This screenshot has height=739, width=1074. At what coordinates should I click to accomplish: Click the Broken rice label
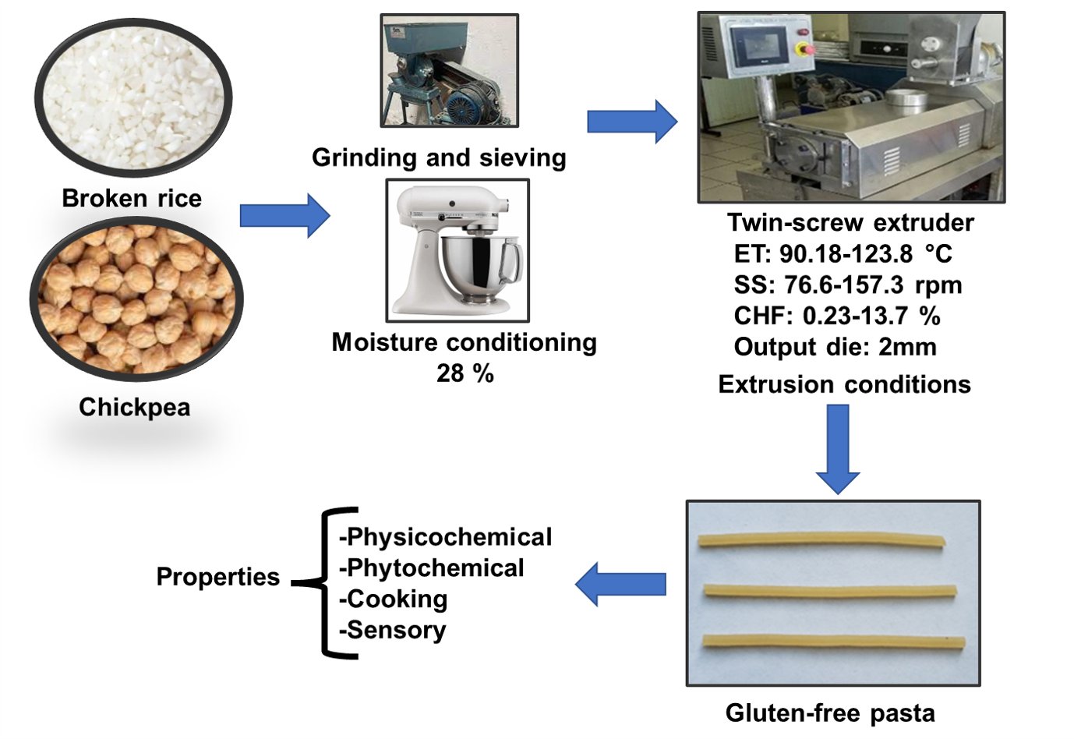tap(132, 198)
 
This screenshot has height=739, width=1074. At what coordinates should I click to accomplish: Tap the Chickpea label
tap(134, 407)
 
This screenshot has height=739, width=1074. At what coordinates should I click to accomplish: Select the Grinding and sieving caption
tap(439, 157)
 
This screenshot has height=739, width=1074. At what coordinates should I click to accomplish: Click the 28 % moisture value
tap(465, 373)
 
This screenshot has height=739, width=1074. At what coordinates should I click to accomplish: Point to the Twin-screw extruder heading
tap(850, 223)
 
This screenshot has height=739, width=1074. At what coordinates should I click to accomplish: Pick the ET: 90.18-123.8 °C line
tap(843, 254)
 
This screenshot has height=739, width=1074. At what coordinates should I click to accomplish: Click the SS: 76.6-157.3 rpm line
tap(847, 285)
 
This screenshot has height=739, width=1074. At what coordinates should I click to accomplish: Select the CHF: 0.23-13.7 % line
tap(836, 316)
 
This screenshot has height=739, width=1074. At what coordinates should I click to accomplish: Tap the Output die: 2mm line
tap(835, 347)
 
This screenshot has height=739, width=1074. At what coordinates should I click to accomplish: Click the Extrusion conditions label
tap(844, 384)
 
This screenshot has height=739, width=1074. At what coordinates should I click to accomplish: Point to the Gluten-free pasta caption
tap(830, 712)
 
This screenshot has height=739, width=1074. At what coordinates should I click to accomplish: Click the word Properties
tap(217, 577)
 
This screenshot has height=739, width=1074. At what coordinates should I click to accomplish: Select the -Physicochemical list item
tap(445, 537)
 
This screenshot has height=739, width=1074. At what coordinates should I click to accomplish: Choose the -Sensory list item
tap(392, 630)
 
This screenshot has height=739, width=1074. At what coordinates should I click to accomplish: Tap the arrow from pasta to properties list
tap(620, 584)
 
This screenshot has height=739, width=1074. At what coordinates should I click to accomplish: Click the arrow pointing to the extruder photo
tap(631, 122)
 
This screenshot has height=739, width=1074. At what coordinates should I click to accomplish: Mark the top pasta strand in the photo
tap(821, 540)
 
